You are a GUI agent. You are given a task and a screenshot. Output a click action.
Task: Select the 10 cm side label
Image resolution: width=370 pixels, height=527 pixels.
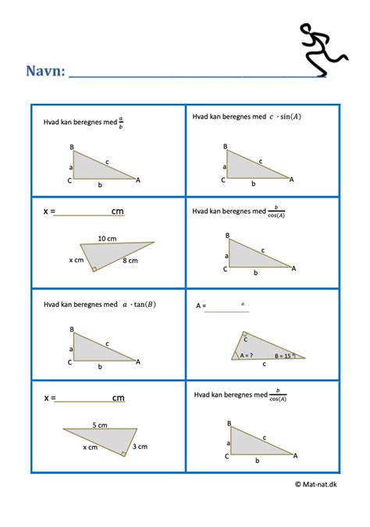[108, 237]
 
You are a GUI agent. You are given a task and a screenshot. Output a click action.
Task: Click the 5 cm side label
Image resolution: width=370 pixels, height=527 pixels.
[100, 425]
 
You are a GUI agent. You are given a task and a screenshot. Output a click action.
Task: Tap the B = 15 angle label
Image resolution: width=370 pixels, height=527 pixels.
[276, 355]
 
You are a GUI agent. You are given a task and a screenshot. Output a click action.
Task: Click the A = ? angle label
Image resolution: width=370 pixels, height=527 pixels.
[247, 354]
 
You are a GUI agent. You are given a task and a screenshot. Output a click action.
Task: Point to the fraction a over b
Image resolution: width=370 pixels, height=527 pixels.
[121, 123]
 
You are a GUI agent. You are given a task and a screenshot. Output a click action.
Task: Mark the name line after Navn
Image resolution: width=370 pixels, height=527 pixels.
[195, 77]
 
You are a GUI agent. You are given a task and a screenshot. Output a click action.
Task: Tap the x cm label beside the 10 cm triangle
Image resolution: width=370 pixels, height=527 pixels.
[76, 259]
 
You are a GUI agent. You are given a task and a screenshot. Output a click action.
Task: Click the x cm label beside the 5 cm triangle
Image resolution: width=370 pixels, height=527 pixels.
[91, 447]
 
